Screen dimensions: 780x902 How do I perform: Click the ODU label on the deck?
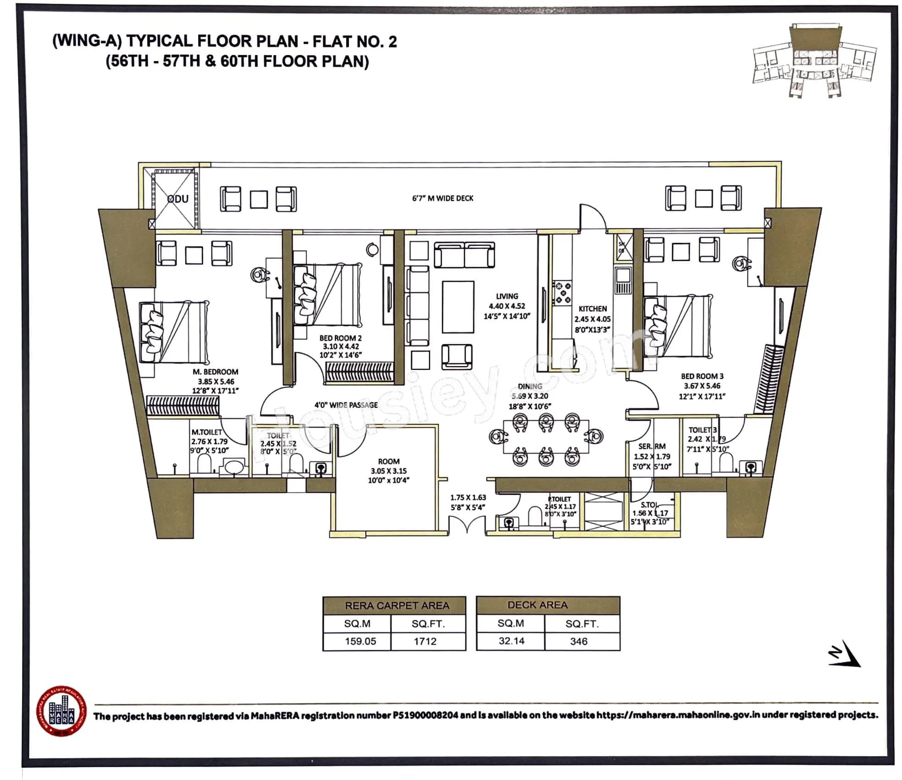(x=178, y=199)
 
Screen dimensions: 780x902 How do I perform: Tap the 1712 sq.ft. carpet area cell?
(x=425, y=641)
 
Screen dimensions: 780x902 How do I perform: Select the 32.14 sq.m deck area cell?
(x=511, y=641)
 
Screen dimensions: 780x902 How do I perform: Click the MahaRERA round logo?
(x=61, y=712)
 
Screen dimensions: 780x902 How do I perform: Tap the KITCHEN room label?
(x=592, y=309)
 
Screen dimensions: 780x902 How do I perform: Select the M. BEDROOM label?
(x=215, y=372)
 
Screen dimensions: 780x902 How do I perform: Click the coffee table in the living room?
(x=458, y=307)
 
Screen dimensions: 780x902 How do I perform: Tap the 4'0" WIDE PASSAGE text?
(x=346, y=405)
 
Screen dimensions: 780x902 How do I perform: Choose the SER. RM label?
(x=652, y=446)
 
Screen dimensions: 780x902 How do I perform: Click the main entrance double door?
(x=466, y=524)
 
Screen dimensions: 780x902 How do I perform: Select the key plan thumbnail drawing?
(x=814, y=60)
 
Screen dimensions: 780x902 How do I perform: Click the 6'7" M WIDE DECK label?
(x=442, y=198)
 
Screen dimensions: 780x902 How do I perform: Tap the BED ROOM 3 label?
(x=702, y=376)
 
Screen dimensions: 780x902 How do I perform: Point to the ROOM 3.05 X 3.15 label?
(x=388, y=470)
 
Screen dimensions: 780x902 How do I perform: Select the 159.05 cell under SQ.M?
(x=360, y=641)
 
